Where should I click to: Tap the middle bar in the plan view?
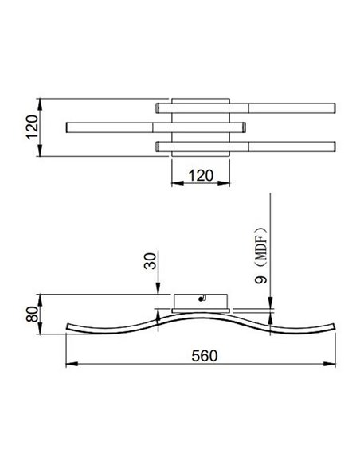point(156,127)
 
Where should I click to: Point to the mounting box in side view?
point(201,302)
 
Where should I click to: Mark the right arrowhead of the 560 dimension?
point(334,365)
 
